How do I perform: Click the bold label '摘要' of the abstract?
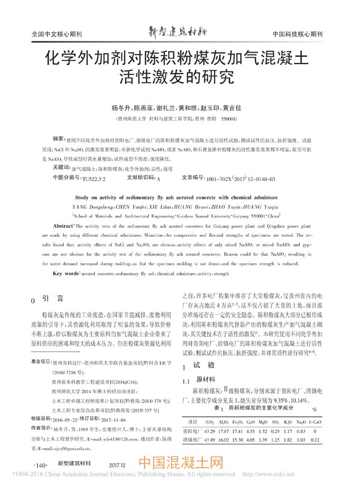(x=60, y=138)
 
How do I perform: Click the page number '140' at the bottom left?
(x=41, y=463)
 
